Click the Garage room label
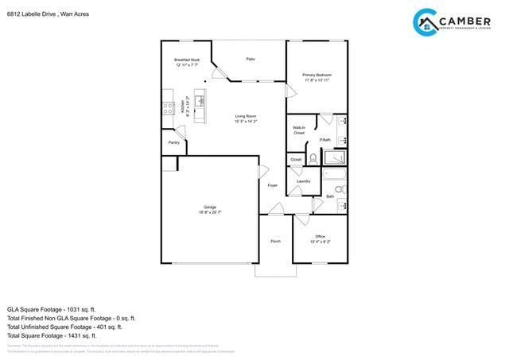coord(210,207)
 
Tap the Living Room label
coord(245,117)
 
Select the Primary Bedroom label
coord(317,75)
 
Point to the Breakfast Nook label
coord(187,60)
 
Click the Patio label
coord(251,59)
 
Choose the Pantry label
coord(173,142)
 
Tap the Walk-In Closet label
coord(299,130)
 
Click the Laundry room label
coord(303,181)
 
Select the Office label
coord(320,236)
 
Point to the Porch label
coord(275,241)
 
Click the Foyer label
coord(273,185)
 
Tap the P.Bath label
coord(324,140)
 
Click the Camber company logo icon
coord(426,21)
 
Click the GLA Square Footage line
coord(51,309)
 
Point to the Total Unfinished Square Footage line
coord(64,327)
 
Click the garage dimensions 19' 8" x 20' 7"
coord(210,212)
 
